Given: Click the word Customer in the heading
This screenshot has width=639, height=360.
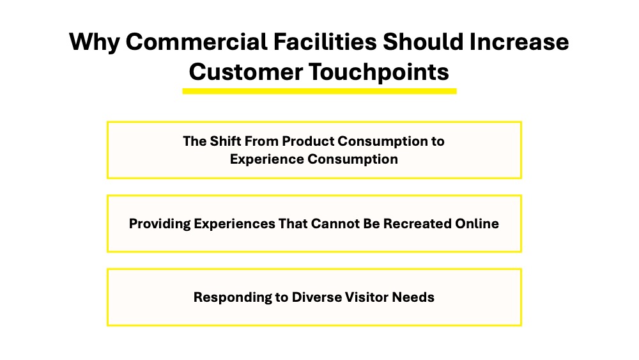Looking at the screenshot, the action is [x=246, y=72].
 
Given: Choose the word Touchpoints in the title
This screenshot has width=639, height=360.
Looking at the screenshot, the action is [x=378, y=72].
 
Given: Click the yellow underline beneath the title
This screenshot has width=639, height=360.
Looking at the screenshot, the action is [x=319, y=91].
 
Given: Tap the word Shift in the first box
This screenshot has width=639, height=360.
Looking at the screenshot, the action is [x=224, y=141].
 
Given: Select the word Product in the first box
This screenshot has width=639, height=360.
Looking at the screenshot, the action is [x=308, y=141].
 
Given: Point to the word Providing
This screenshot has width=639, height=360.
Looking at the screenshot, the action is [x=160, y=224].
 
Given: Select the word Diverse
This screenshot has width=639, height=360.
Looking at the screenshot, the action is [x=317, y=297].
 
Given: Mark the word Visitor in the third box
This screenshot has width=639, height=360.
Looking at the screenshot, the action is [x=367, y=297].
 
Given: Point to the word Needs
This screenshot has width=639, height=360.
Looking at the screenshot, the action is [x=413, y=297].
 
